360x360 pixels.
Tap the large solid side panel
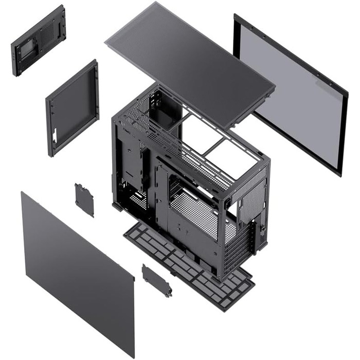(x=77, y=267)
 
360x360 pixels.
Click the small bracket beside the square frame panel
(x=84, y=200)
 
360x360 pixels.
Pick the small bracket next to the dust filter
(x=157, y=280)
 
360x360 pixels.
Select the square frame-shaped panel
(x=72, y=108)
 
